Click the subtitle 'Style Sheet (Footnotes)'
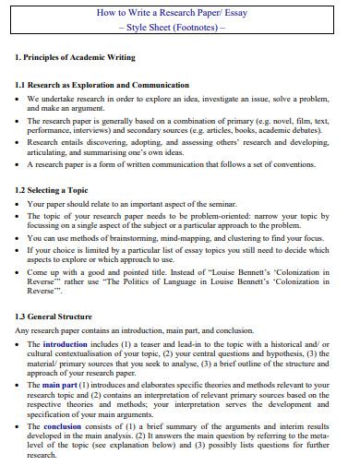[x=180, y=28]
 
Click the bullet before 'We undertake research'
[x=18, y=97]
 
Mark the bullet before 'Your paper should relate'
[x=18, y=202]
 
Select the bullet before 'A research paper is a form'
[x=18, y=164]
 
